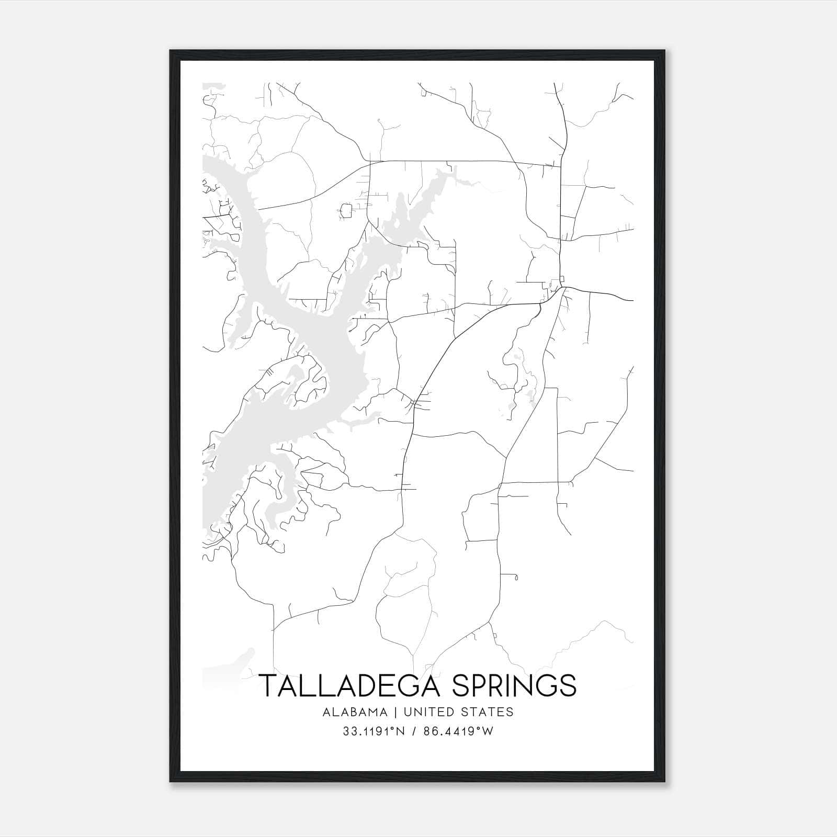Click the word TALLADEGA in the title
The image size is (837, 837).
pos(352,686)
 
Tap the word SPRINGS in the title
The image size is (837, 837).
pos(514,686)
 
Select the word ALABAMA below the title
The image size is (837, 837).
pos(355,712)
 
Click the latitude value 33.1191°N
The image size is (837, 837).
pos(374,731)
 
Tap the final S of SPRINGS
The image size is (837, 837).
pos(567,686)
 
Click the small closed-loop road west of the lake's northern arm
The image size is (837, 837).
pos(346,211)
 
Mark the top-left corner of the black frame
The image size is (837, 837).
pos(171,51)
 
